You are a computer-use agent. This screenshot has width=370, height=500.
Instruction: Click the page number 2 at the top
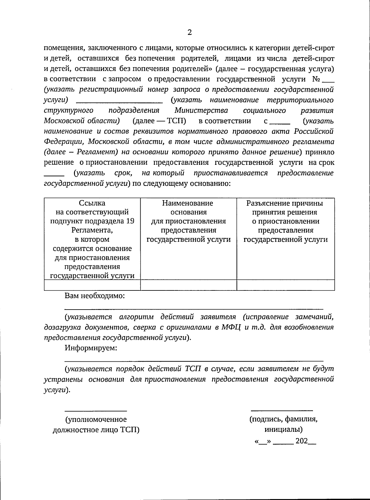click(x=189, y=32)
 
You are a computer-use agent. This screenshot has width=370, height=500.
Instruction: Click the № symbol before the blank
click(x=316, y=79)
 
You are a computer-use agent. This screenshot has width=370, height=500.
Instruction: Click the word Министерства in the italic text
click(x=201, y=110)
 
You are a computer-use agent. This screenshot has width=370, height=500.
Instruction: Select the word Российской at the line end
click(x=313, y=131)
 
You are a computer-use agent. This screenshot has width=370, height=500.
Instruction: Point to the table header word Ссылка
click(x=92, y=203)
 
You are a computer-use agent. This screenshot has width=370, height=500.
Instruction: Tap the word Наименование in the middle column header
click(x=187, y=203)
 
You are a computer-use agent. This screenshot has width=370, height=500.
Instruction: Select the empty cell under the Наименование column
click(x=188, y=285)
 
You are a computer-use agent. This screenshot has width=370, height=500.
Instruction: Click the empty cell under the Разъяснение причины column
click(x=286, y=285)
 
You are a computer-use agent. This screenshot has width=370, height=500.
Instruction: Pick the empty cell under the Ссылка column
click(x=92, y=285)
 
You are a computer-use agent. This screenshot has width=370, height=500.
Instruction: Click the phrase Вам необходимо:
click(x=95, y=296)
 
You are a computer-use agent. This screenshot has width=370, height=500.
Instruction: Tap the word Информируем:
click(x=91, y=348)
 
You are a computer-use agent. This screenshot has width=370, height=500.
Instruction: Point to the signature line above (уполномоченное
click(x=96, y=410)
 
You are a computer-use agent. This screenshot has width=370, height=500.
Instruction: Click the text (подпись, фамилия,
click(x=283, y=419)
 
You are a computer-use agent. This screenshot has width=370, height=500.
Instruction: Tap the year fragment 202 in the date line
click(x=302, y=441)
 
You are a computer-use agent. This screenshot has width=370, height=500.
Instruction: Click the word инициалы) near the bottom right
click(x=283, y=429)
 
